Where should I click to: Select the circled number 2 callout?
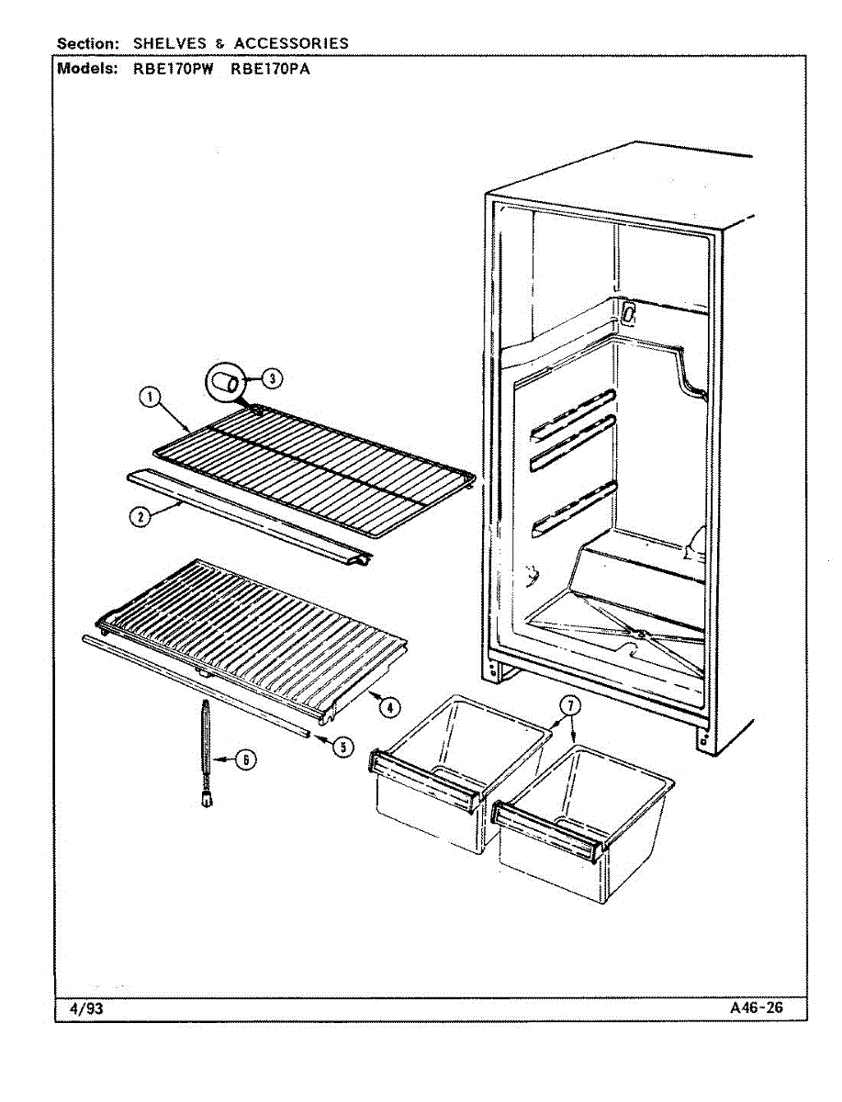tap(140, 516)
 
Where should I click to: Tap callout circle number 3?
tap(272, 377)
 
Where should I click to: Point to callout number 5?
tap(342, 747)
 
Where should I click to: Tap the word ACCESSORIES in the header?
tap(290, 43)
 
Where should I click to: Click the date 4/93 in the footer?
tap(86, 1008)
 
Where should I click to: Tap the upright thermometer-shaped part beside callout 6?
tap(204, 753)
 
